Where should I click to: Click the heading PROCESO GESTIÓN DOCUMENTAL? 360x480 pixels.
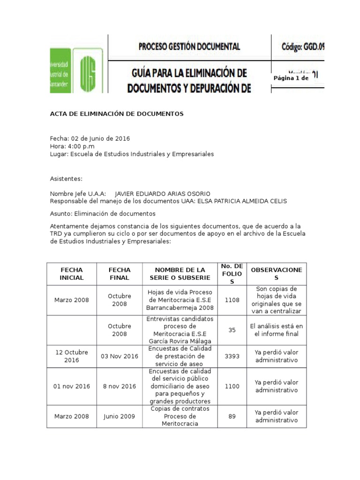189,46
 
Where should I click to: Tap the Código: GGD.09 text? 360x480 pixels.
303,46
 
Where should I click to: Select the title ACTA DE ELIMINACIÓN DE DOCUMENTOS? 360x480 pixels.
117,114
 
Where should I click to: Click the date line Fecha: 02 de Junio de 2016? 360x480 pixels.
90,139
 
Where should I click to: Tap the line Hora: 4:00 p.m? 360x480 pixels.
72,146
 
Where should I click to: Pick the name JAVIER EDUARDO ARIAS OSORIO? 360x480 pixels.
163,194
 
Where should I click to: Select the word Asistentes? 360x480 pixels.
66,179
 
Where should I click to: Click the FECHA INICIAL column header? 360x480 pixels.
71,274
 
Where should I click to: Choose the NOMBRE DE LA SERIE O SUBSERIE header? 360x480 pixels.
180,274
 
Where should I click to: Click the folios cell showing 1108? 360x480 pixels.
232,300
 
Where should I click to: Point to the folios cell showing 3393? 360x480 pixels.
232,356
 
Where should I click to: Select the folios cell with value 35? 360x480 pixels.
232,330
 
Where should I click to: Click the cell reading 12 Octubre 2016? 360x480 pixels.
71,356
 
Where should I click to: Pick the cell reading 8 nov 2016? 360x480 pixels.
120,386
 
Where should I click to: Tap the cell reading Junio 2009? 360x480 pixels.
120,416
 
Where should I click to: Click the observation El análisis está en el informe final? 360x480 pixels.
277,330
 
